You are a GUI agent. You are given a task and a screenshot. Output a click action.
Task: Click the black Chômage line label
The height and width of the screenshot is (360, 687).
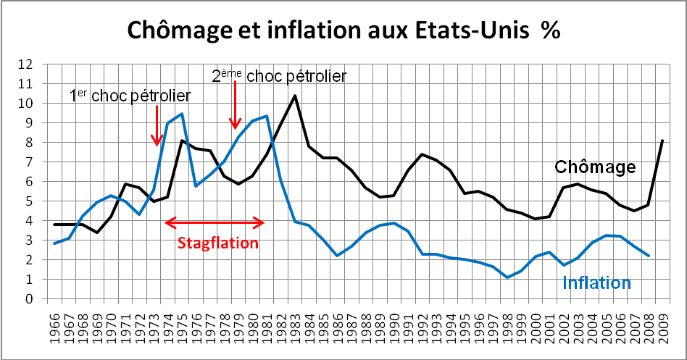point(595,167)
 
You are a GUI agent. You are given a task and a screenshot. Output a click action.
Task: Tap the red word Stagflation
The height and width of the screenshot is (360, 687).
point(217,243)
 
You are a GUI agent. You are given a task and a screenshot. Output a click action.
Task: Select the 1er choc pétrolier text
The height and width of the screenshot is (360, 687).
point(130,96)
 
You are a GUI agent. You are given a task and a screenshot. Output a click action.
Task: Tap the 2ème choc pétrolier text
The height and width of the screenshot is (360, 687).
point(279,76)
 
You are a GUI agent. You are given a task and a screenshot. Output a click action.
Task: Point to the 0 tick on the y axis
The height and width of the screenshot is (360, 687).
point(29,299)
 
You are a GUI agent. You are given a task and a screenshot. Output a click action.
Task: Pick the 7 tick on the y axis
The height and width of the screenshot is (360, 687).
point(29,162)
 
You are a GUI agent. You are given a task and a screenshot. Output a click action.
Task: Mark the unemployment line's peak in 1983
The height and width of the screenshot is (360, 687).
point(295,96)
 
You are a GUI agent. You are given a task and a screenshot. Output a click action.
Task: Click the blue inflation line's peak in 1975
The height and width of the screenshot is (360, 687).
point(181,114)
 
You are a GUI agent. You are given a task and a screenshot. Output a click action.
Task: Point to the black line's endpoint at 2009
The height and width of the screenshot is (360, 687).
point(662,141)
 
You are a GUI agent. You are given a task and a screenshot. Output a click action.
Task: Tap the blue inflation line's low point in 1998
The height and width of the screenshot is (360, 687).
point(507,277)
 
